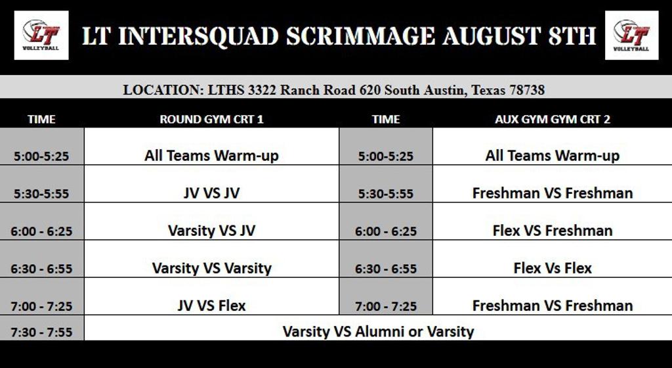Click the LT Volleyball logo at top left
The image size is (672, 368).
[x=41, y=35]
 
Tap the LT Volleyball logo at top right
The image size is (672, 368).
[x=632, y=35]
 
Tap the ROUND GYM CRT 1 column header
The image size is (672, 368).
[x=212, y=119]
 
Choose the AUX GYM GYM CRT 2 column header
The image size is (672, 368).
[x=553, y=119]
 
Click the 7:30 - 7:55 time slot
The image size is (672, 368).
[x=41, y=332]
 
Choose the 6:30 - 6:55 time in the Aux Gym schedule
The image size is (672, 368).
[x=386, y=269]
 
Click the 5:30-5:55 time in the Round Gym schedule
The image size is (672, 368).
[x=41, y=193]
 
